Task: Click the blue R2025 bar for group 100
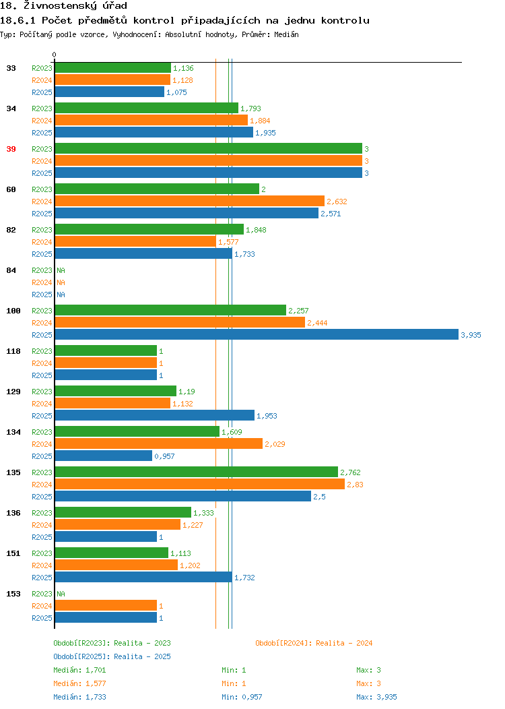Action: point(257,334)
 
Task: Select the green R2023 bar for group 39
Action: point(209,149)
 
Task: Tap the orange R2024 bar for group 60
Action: point(190,202)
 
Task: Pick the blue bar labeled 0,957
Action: point(104,456)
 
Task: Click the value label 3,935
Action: point(471,335)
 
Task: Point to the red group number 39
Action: point(11,149)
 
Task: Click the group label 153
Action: point(13,594)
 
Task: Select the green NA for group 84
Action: point(61,270)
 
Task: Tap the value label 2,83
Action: point(355,485)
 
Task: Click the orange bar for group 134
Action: point(158,443)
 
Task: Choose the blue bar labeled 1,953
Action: point(154,416)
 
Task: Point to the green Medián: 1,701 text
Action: point(79,670)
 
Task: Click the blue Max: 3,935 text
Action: point(376,698)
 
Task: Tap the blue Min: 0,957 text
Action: point(242,698)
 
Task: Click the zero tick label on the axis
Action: point(55,55)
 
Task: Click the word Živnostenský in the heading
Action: point(61,6)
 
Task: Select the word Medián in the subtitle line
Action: point(286,34)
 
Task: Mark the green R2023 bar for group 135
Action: point(197,472)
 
